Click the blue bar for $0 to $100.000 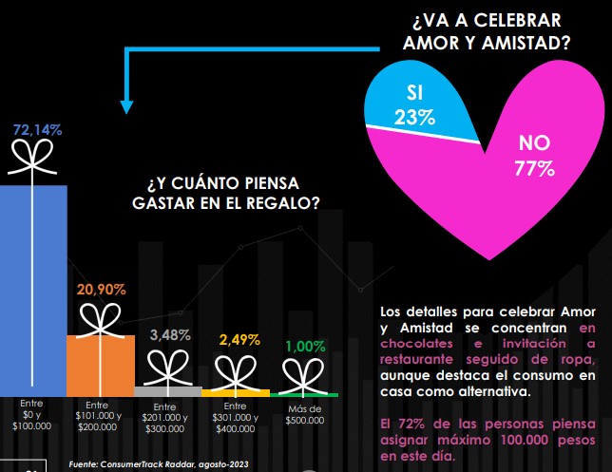pyautogui.click(x=33, y=285)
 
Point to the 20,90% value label pyautogui.click(x=100, y=289)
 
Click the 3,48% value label pyautogui.click(x=170, y=335)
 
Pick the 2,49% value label pyautogui.click(x=238, y=339)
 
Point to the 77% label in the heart pyautogui.click(x=535, y=169)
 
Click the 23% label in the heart pyautogui.click(x=414, y=119)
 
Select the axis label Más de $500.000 pyautogui.click(x=303, y=414)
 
